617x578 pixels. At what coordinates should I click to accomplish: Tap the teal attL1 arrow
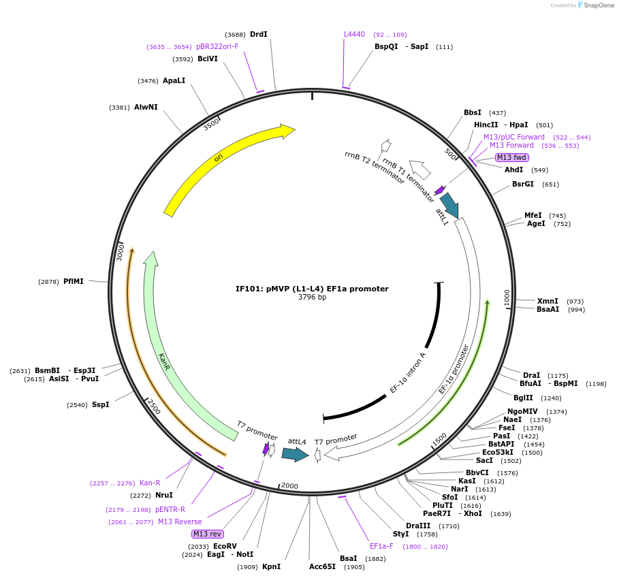click(x=449, y=204)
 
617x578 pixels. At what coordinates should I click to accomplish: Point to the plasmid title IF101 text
click(x=312, y=289)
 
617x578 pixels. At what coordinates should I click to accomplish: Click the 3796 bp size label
click(x=312, y=297)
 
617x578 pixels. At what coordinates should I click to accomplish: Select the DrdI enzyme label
click(x=259, y=34)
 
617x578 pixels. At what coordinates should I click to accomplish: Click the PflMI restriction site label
click(x=74, y=281)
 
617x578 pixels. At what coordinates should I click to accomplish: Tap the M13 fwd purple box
click(x=511, y=157)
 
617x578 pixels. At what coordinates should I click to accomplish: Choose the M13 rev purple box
click(x=207, y=534)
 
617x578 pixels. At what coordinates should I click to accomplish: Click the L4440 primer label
click(x=354, y=34)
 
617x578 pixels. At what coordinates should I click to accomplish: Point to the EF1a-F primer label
click(x=381, y=546)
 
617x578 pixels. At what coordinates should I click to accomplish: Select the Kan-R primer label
click(x=150, y=483)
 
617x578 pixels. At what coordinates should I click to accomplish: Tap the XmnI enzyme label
click(x=547, y=301)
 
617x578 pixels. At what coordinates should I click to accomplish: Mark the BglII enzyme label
click(x=524, y=398)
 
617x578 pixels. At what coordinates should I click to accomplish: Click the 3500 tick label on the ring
click(x=211, y=123)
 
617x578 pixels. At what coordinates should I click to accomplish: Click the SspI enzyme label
click(x=100, y=404)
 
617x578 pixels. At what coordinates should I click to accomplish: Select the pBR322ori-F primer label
click(x=217, y=46)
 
